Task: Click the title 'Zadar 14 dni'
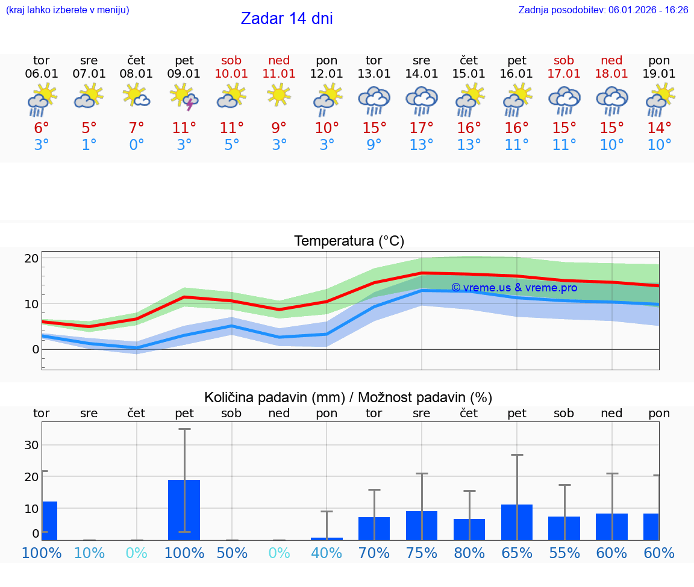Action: point(287,19)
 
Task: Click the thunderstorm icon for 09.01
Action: point(184,98)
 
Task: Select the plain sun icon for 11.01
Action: point(279,95)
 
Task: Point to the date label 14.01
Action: point(422,74)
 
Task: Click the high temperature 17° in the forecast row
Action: point(422,128)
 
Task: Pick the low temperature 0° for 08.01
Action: point(137,145)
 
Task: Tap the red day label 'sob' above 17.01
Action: point(564,60)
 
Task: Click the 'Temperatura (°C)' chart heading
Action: point(349,241)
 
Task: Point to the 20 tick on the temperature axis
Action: point(31,258)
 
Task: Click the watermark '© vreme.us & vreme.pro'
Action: point(514,288)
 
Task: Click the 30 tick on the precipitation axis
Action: point(31,445)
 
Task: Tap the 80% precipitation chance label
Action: point(469,553)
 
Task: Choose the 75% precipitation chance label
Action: point(422,553)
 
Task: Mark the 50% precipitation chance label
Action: point(232,553)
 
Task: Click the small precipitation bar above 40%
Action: point(327,538)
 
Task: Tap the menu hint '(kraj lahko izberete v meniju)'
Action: point(67,10)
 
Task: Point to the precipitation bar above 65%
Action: point(517,522)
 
